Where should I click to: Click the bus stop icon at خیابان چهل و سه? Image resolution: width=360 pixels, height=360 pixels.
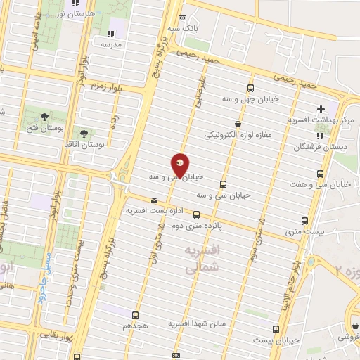point(251,88)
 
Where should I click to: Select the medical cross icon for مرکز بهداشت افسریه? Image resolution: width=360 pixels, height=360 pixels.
point(321,110)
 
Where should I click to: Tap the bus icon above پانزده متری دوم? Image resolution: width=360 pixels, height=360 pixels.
point(196,214)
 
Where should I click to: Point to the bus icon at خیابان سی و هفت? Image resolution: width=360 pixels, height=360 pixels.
point(321,174)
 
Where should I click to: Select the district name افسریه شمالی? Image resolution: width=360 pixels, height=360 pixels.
point(201,259)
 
